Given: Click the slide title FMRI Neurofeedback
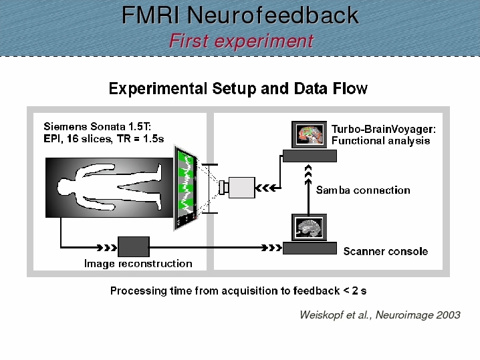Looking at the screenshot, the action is (x=240, y=15).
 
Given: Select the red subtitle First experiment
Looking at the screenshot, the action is (x=241, y=41).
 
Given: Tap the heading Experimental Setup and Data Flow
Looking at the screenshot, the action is (x=238, y=89).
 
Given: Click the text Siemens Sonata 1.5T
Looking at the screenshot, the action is (x=98, y=126).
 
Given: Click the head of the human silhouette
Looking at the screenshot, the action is (x=66, y=187).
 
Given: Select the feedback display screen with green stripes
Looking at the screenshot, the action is (x=186, y=188).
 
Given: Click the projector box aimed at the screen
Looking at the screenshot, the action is (x=237, y=188).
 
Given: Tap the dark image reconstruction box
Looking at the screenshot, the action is (x=134, y=246).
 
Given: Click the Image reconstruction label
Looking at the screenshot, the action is (x=138, y=264).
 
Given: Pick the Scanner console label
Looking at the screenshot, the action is (x=386, y=251).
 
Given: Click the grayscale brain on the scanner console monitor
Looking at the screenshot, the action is (x=309, y=227).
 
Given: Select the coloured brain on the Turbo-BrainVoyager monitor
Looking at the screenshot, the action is (x=309, y=134).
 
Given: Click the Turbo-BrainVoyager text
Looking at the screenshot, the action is (x=384, y=129).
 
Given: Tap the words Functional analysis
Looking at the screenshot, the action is (x=380, y=141).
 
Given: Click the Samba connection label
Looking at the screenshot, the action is (x=363, y=190).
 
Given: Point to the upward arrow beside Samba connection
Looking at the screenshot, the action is (x=308, y=189).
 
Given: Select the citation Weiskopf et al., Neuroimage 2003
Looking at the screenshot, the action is (x=380, y=315).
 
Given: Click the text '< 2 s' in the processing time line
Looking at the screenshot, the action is (x=355, y=291).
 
